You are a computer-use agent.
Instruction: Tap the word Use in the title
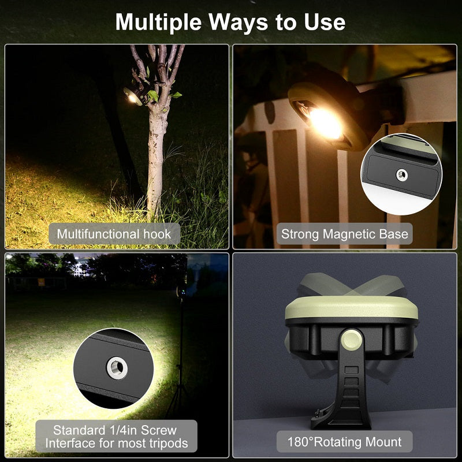(x=325, y=22)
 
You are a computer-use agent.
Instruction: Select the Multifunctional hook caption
(x=114, y=234)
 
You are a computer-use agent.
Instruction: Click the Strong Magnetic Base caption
(x=344, y=234)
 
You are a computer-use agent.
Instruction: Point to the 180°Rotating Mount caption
(x=344, y=442)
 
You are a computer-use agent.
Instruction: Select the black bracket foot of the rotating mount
(x=341, y=404)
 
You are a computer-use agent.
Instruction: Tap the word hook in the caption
(x=159, y=234)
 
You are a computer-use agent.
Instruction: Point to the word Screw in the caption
(x=158, y=430)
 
